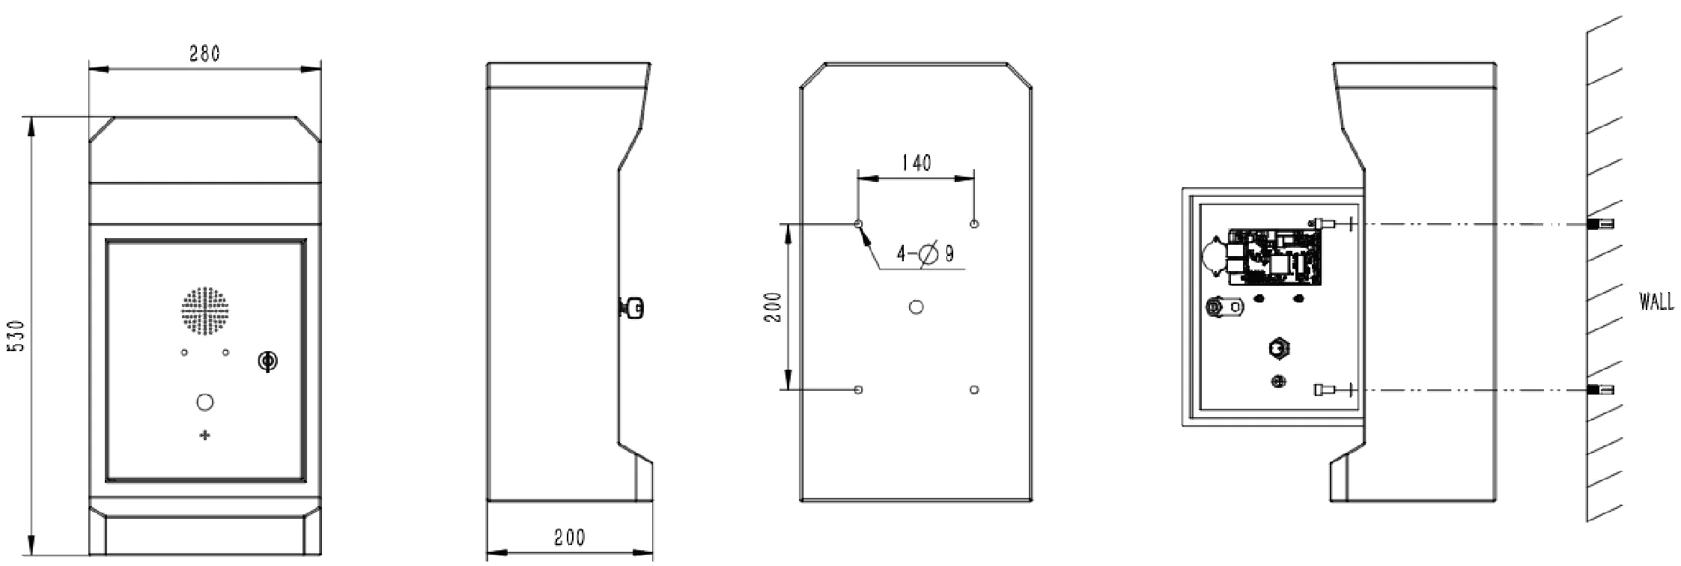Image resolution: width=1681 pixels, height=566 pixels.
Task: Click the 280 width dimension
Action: point(204,54)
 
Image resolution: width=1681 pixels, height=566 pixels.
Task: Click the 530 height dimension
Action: point(17,336)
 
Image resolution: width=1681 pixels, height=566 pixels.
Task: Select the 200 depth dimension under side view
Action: point(569,538)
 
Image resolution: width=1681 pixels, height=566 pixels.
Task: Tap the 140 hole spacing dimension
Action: point(916,163)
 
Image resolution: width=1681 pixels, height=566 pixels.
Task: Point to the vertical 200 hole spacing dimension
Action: point(774,307)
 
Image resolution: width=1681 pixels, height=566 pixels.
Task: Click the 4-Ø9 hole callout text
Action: point(925,254)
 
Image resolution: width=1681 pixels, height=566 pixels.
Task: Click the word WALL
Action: point(1656,302)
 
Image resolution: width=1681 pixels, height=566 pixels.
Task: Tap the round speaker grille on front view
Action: point(204,310)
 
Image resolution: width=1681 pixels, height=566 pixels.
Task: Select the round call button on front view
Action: point(204,402)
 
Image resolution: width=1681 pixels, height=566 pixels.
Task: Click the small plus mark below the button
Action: point(204,436)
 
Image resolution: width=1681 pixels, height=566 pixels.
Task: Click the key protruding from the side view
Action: point(633,308)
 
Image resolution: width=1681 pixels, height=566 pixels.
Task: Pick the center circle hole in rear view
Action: point(916,307)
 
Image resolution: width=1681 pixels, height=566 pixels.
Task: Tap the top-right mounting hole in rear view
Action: point(974,224)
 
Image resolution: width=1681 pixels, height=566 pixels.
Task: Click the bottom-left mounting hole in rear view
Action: point(858,390)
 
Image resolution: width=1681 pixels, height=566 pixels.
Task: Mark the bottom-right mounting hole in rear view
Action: point(974,390)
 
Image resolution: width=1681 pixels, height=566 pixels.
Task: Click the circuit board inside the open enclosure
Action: point(1273,257)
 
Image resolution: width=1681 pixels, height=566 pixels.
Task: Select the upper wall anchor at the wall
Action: point(1600,224)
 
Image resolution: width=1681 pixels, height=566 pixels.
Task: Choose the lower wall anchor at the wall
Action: point(1600,390)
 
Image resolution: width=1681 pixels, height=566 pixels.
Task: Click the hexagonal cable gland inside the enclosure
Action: point(1279,348)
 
